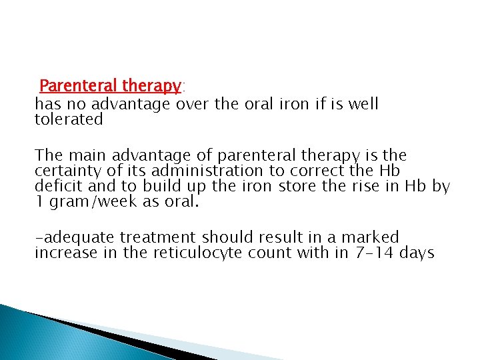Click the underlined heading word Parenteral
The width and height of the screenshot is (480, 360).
[x=78, y=86]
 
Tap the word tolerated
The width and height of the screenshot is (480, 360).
[x=69, y=120]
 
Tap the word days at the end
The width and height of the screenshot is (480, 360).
[x=417, y=253]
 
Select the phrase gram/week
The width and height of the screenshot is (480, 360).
[x=95, y=202]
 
